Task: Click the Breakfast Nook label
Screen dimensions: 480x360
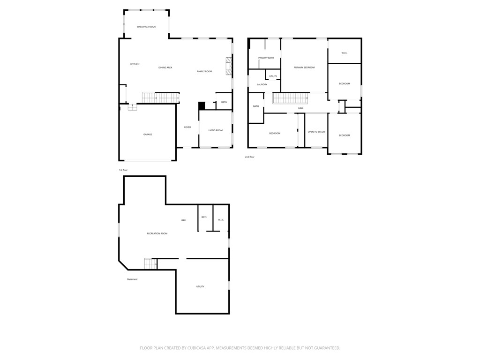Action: (146, 27)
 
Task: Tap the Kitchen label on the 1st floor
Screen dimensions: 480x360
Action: (135, 64)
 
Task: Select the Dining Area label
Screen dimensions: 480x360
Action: (165, 67)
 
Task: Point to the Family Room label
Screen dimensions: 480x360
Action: (204, 72)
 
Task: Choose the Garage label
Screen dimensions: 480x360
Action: (148, 135)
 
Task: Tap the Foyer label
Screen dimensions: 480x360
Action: (187, 127)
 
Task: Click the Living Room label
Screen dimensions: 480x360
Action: (216, 130)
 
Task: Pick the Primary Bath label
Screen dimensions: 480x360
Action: (266, 58)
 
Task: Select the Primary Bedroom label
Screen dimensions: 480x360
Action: (304, 67)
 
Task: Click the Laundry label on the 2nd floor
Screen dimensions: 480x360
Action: (262, 84)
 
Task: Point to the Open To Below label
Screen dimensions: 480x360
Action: (316, 132)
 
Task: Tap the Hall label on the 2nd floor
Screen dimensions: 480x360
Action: (301, 108)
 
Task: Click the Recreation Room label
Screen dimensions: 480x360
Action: (157, 233)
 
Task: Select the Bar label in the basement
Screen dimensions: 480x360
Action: (183, 220)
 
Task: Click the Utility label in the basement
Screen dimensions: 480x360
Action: (200, 287)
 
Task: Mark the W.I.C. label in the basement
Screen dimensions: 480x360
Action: (221, 220)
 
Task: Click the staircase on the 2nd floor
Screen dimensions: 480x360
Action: (290, 98)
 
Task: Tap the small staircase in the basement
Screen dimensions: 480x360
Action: (150, 263)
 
